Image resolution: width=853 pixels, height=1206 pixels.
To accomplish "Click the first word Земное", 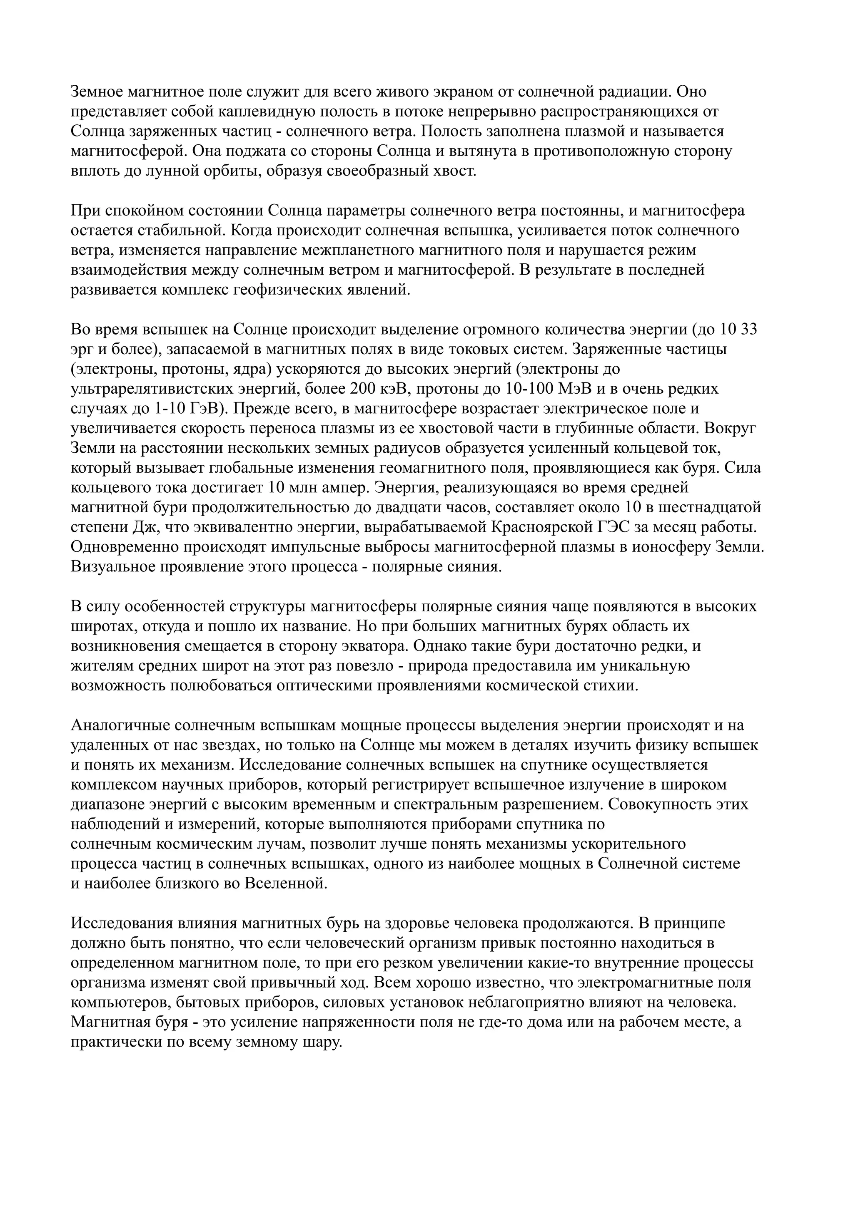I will [x=97, y=92].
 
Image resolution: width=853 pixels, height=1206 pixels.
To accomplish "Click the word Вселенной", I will [x=285, y=885].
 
